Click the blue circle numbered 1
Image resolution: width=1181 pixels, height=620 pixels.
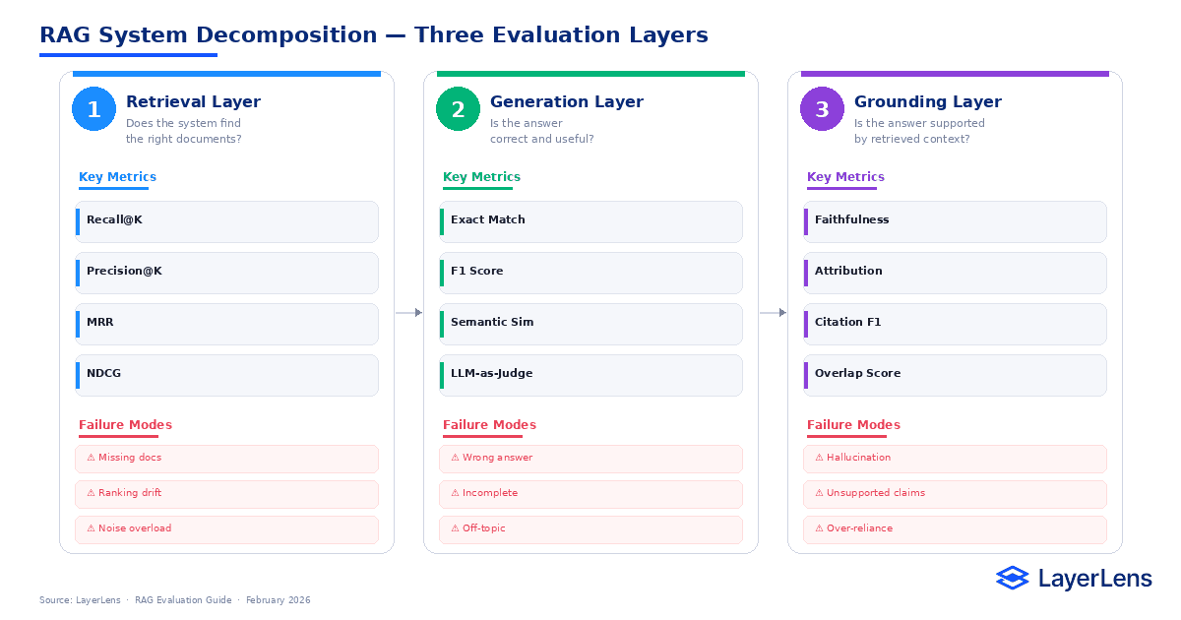(94, 109)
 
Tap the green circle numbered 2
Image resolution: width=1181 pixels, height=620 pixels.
(459, 109)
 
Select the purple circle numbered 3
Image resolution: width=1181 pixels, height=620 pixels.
(823, 109)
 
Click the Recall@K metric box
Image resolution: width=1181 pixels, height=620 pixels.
(226, 221)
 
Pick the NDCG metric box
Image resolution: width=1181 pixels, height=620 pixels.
(226, 375)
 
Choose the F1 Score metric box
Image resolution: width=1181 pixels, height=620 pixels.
(590, 273)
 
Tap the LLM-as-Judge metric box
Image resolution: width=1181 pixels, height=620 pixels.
(590, 375)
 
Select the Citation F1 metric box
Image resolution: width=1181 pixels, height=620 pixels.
(955, 324)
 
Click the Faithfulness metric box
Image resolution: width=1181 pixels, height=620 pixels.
(955, 221)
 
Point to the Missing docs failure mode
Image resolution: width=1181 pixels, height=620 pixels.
(226, 459)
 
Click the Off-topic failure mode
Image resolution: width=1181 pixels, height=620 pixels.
(590, 529)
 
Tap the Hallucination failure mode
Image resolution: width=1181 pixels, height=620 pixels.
(955, 459)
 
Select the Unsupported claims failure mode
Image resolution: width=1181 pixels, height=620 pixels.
(955, 494)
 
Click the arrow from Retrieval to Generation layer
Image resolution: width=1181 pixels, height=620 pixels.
(409, 313)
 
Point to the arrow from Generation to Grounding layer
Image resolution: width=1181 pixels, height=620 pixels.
(774, 313)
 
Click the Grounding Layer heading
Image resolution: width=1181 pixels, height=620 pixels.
(927, 102)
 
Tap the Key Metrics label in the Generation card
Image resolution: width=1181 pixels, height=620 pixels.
(481, 178)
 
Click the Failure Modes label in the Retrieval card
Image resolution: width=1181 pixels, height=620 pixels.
(125, 425)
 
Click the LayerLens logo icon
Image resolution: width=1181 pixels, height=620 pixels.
(1012, 579)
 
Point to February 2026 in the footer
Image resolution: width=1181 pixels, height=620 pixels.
(278, 600)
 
